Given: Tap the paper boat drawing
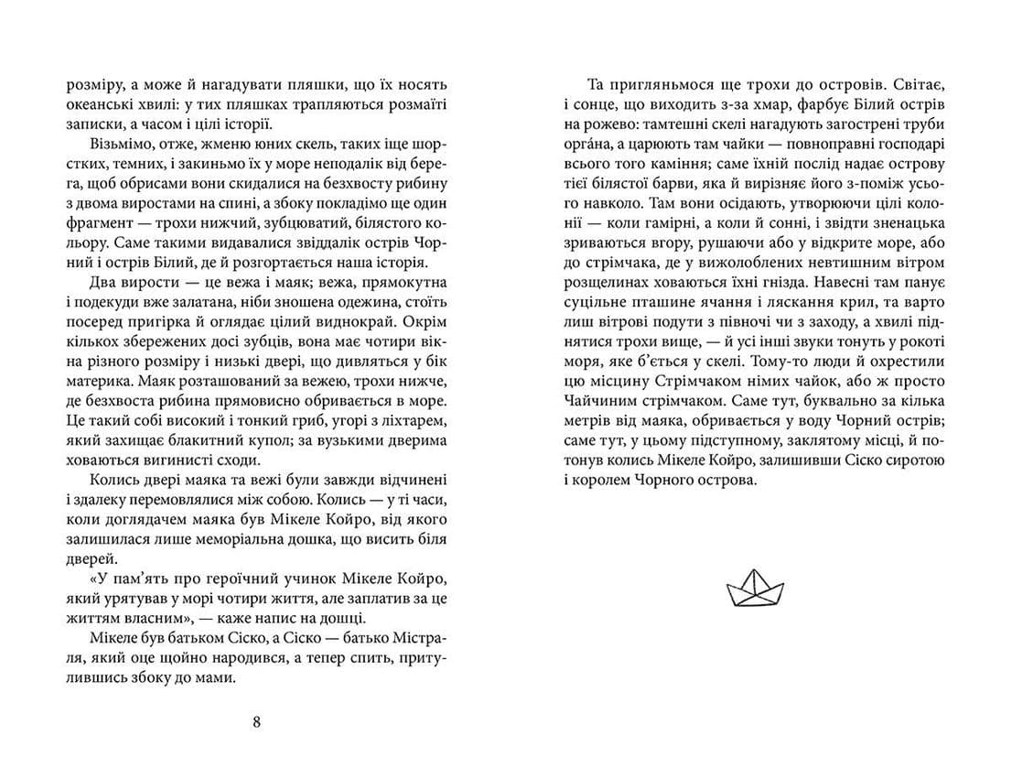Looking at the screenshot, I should coord(754,588).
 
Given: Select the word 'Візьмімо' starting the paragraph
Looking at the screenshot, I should coord(121,146).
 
